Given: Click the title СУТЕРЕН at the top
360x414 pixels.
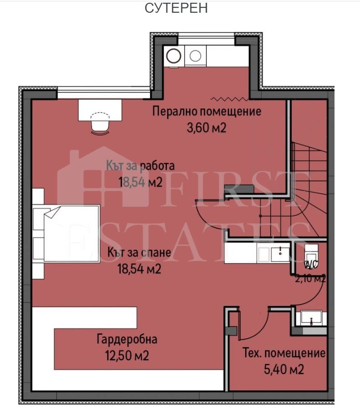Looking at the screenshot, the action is tap(176, 8).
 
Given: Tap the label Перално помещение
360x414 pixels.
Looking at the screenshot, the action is tap(207, 111).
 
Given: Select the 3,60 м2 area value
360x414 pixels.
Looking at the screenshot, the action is tap(206, 128).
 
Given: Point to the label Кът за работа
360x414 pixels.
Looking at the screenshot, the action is tap(140, 166).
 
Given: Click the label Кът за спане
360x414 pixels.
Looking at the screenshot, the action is tap(139, 252).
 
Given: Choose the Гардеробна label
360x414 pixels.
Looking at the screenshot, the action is tap(127, 339).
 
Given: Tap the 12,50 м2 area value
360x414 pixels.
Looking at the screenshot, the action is tap(127, 355).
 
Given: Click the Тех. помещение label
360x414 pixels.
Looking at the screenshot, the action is tap(284, 353).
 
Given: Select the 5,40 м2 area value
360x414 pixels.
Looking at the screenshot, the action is tap(284, 369).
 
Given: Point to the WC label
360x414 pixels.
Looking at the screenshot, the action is tap(311, 265).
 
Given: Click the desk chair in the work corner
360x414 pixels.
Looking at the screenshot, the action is tap(100, 123).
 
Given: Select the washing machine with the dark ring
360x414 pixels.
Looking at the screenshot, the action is tap(174, 56).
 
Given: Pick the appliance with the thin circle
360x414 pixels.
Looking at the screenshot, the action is tap(195, 56).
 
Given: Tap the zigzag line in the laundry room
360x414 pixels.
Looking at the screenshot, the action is tap(229, 99).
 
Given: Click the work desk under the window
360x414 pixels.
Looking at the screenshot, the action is tap(100, 110).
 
